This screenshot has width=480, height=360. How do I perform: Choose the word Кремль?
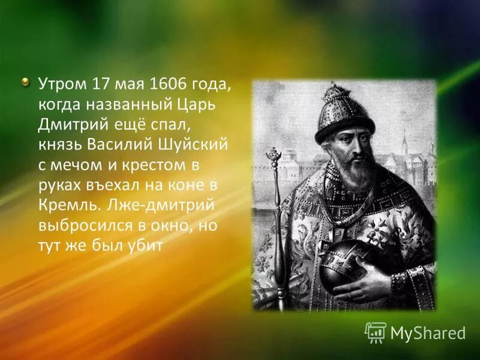63,206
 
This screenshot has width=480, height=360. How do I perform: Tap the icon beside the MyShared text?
376,332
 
